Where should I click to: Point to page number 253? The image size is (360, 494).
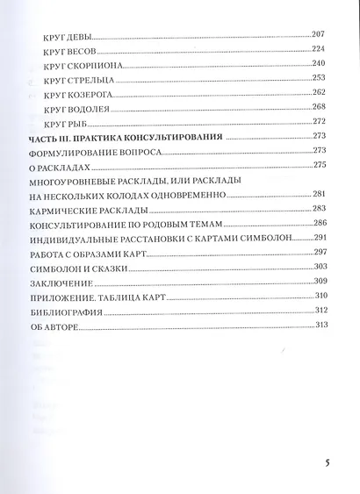[319, 78]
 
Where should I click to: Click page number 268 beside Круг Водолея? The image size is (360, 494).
[319, 107]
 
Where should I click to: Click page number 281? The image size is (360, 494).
[320, 194]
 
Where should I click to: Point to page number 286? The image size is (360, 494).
[320, 224]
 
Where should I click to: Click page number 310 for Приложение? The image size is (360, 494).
[320, 296]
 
